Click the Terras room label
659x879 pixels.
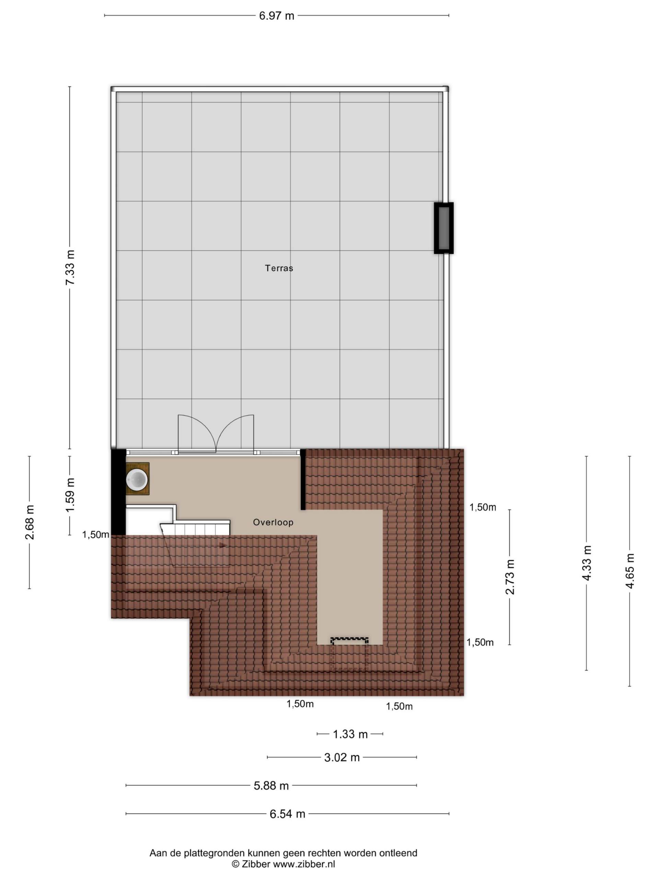(x=279, y=268)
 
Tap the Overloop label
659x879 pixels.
(x=273, y=522)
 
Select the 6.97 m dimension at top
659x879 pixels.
(x=276, y=16)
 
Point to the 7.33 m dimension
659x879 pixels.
(x=70, y=267)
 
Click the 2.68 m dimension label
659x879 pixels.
(x=30, y=523)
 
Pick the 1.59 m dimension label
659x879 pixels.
(x=70, y=495)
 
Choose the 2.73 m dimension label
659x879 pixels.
(x=510, y=577)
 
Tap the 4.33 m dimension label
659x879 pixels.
(x=587, y=563)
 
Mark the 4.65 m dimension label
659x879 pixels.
(x=629, y=571)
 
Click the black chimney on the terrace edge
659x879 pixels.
(x=443, y=228)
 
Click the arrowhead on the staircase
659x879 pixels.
(x=223, y=546)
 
